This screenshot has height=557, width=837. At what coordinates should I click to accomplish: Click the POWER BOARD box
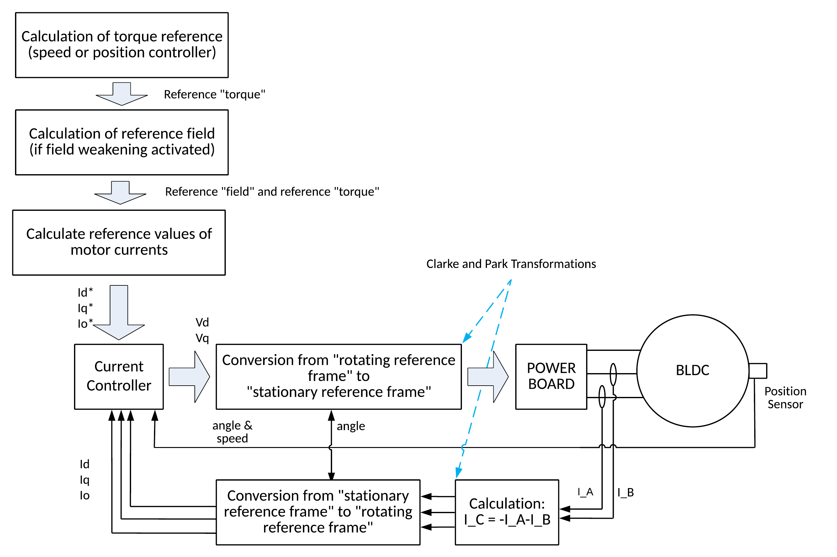pos(551,376)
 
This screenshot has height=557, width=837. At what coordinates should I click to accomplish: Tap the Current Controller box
pos(119,376)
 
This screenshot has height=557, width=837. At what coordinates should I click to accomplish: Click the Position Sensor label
pos(785,398)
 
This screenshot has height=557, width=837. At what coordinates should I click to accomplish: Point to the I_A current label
pos(585,492)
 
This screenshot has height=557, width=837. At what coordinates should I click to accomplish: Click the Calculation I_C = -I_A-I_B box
pos(507,512)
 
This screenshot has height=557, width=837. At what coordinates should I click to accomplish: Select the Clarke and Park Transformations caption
pos(511,264)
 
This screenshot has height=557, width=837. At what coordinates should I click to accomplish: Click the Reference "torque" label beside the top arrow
pos(215,95)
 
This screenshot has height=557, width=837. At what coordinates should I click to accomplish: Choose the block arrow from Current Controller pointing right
pos(189,377)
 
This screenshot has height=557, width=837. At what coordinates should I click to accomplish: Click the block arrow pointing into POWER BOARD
pos(487,377)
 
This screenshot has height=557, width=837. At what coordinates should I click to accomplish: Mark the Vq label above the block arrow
pos(202,338)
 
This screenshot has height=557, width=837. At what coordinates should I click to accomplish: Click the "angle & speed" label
pos(232,432)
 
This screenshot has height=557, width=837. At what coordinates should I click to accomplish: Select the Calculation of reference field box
pos(122,142)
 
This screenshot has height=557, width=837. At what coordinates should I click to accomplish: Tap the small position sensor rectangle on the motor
pos(757,371)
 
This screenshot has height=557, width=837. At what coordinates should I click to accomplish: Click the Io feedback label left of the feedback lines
pos(84,495)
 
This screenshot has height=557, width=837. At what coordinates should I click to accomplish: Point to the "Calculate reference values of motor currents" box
pos(119,242)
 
